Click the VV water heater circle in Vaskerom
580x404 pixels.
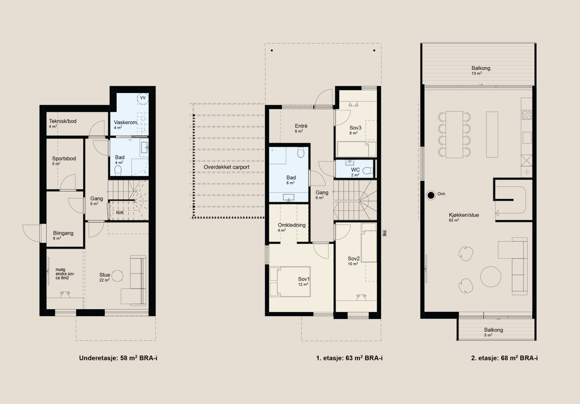click(143, 98)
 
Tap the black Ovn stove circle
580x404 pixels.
click(431, 195)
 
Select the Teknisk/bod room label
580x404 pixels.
click(63, 121)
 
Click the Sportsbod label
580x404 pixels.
click(64, 158)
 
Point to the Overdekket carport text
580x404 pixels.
click(226, 167)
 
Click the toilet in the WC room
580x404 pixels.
click(367, 170)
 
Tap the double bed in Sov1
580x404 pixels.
click(290, 282)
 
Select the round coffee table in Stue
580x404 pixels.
click(117, 276)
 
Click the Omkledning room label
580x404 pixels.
click(292, 225)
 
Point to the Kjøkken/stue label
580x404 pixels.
click(464, 215)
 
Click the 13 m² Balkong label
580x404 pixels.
click(481, 68)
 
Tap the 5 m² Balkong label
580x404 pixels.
click(494, 330)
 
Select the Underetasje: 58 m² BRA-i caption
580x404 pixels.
click(118, 358)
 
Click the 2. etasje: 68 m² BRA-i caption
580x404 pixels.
click(504, 358)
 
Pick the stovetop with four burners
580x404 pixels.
click(527, 115)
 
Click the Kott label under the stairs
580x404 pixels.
click(120, 212)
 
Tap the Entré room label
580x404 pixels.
click(301, 126)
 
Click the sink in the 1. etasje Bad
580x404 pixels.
click(289, 197)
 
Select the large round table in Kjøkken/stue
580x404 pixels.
click(491, 277)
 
